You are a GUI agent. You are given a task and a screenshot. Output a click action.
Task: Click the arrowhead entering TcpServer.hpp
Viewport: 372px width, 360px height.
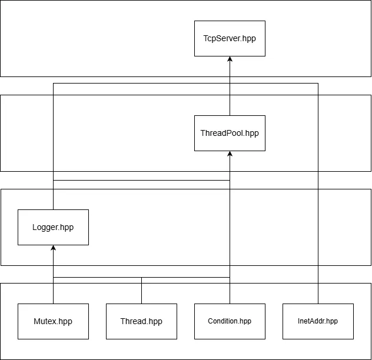(x=230, y=59)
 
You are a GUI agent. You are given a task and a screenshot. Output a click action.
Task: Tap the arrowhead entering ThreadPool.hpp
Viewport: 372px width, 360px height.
(x=230, y=154)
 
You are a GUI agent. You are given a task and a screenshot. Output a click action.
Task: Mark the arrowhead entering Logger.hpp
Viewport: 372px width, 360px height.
(x=53, y=248)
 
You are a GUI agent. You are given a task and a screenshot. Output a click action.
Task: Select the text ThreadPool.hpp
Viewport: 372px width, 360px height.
(x=230, y=134)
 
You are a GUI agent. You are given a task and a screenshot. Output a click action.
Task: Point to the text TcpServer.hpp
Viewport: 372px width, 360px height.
(x=230, y=38)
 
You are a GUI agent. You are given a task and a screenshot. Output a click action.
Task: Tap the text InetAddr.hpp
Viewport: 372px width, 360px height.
(x=318, y=321)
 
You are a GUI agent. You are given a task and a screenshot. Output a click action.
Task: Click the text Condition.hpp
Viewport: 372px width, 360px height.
(x=230, y=321)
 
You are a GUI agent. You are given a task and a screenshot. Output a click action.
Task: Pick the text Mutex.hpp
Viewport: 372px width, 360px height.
(x=53, y=322)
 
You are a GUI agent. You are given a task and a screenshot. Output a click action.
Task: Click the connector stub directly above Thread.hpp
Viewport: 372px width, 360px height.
(x=141, y=290)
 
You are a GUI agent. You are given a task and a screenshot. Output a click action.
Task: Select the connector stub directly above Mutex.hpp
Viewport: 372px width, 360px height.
(x=53, y=290)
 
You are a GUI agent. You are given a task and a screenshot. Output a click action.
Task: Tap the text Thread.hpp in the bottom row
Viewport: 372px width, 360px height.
(x=141, y=322)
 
